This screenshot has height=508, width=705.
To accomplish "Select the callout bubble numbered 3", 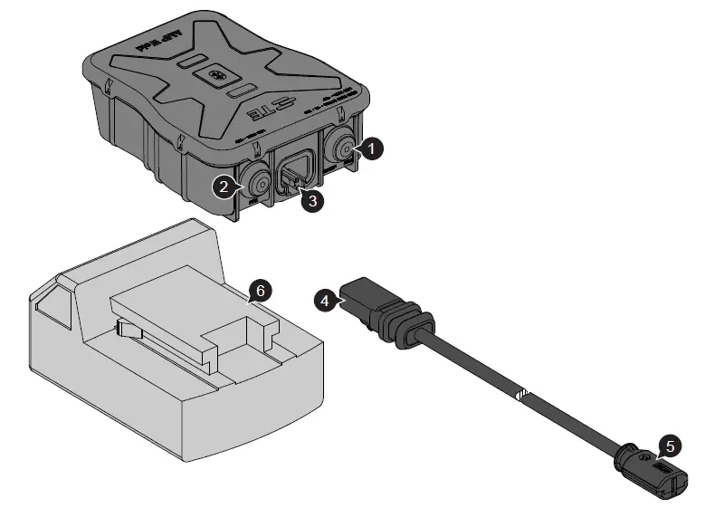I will pyautogui.click(x=312, y=201).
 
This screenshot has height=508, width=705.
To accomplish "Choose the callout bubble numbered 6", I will pyautogui.click(x=259, y=291).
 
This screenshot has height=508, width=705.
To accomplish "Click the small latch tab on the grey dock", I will pyautogui.click(x=129, y=331).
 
